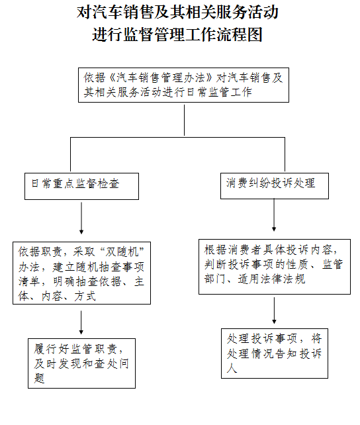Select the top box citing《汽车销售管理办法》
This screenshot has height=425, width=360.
[183, 85]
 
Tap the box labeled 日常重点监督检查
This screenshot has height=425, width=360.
[81, 186]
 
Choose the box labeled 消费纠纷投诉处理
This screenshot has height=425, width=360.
[275, 185]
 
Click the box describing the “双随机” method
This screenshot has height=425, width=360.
[81, 273]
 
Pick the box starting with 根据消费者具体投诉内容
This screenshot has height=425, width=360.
[275, 266]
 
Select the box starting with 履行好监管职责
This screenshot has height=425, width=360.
[81, 363]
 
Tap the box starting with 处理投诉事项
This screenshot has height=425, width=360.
[275, 353]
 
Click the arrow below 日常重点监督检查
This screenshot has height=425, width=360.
[81, 218]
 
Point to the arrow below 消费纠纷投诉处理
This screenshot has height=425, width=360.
[274, 215]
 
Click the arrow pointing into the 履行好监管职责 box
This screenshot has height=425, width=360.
[81, 322]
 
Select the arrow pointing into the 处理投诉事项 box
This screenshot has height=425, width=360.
[274, 310]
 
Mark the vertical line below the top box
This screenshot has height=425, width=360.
[184, 120]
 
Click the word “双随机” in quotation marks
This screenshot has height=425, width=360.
[122, 252]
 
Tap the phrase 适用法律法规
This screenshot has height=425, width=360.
[271, 279]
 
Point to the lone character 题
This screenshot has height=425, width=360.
[39, 378]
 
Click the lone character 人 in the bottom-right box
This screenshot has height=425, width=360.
[232, 368]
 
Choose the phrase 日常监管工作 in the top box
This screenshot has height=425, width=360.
[219, 92]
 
